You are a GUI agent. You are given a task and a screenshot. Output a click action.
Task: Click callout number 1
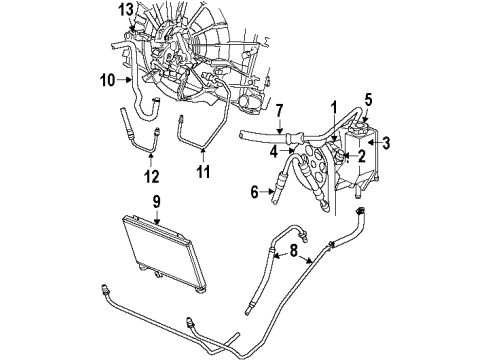[334, 107]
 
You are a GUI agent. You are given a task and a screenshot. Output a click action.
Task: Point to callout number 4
[273, 153]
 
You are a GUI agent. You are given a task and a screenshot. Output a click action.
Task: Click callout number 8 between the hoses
[291, 257]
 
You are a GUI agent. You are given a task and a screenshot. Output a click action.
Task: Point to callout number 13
[124, 9]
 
